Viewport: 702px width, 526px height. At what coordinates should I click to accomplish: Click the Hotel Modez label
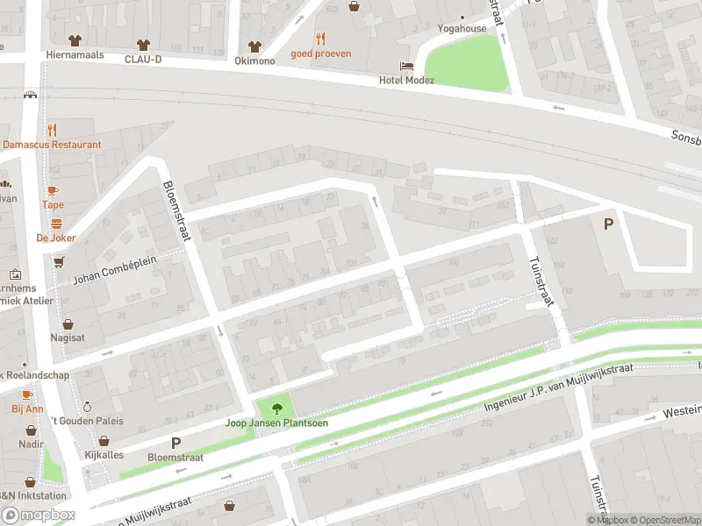point(406,81)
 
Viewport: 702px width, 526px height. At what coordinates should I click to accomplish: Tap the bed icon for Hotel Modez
point(406,66)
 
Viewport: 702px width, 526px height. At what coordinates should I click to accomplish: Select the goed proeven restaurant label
point(321,53)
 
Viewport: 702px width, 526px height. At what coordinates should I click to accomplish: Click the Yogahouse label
point(462,28)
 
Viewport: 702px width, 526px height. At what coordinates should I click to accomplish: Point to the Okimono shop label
point(254,60)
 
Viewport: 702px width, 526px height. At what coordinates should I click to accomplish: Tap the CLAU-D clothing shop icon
point(143,44)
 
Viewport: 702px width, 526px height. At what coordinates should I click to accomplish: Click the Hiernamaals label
point(75,54)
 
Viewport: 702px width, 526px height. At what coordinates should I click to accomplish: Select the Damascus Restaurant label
point(52,145)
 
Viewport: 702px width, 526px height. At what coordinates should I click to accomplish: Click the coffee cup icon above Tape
point(53,191)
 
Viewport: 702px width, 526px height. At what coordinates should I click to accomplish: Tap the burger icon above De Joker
point(56,224)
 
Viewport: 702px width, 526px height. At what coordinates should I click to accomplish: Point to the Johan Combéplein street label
point(115,269)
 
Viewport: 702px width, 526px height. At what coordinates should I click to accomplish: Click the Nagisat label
point(67,337)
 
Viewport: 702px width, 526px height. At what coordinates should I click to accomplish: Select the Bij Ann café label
point(27,409)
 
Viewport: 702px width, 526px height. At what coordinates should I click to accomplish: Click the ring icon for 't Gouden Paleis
point(87,407)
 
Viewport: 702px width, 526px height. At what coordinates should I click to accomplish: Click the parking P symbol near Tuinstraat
point(607,224)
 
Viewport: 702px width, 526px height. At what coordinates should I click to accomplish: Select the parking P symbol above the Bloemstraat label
point(175,444)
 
